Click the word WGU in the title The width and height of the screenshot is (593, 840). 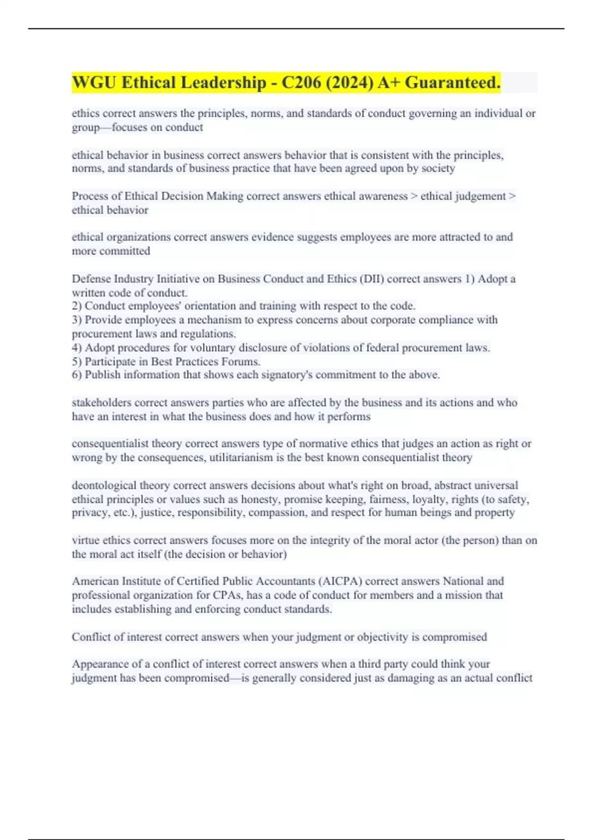click(x=94, y=83)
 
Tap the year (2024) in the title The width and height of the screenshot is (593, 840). click(x=349, y=83)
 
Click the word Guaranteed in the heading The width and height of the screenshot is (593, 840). click(x=452, y=83)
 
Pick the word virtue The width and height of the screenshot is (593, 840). click(x=85, y=541)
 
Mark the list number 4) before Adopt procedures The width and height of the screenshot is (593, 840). click(x=77, y=348)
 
